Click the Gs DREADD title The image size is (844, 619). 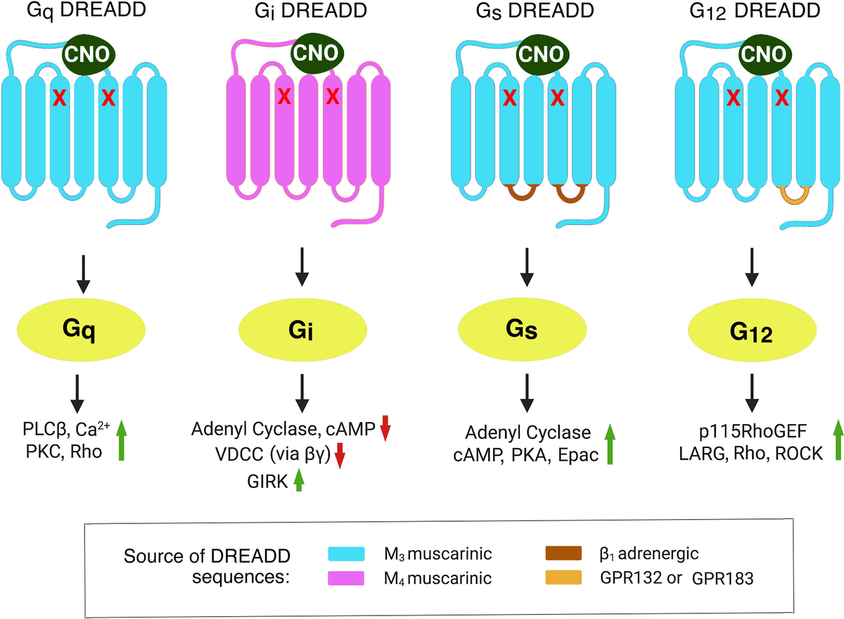(x=525, y=12)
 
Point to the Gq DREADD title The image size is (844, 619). (x=83, y=12)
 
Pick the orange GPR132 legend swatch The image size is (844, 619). (x=561, y=580)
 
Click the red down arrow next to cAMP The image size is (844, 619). (x=384, y=428)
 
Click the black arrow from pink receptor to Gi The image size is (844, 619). (x=302, y=268)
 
